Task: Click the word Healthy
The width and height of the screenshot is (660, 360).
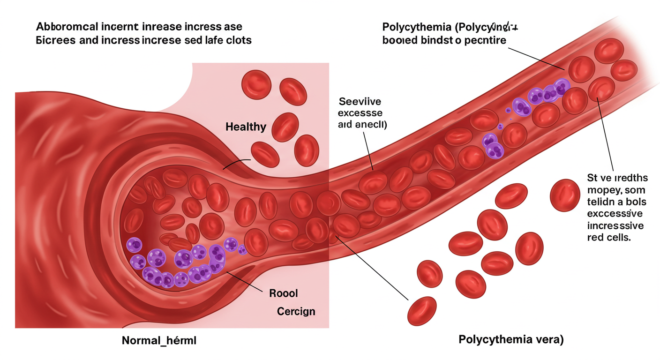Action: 246,127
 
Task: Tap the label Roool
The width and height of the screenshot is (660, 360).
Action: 284,293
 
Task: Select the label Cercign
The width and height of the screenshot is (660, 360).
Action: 296,311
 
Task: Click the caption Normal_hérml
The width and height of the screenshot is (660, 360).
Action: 159,341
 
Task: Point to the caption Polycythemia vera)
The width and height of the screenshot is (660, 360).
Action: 511,339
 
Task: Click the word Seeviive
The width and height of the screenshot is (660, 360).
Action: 360,101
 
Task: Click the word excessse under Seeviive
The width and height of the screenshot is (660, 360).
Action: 360,113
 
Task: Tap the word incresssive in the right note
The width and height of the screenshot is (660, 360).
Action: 615,226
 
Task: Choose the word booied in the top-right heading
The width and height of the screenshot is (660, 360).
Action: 399,40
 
